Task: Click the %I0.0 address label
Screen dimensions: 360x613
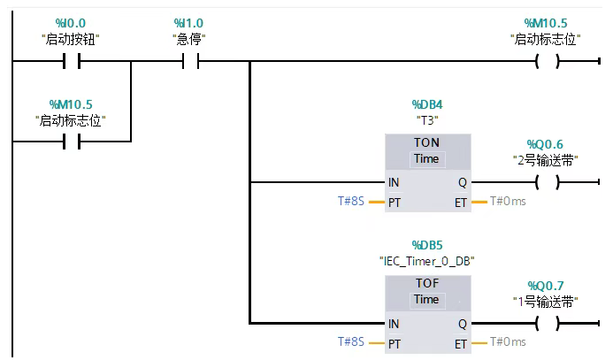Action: (70, 22)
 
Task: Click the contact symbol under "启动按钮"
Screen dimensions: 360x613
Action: (71, 62)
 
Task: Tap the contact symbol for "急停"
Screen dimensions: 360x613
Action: (190, 62)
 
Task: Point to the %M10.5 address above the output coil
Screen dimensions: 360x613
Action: (546, 22)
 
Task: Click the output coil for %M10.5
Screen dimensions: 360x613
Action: (548, 62)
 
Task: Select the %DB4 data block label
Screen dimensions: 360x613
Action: (427, 104)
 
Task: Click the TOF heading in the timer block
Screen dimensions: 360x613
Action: (426, 284)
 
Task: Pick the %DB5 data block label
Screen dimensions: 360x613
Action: (427, 245)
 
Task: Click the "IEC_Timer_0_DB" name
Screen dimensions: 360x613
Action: (427, 261)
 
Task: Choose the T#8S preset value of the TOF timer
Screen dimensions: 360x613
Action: (350, 342)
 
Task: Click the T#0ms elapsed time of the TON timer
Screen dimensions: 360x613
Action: (508, 202)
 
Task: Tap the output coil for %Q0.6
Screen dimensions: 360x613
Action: (548, 183)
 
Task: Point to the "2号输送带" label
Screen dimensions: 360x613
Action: (546, 161)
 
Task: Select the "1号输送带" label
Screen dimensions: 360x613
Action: (546, 302)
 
